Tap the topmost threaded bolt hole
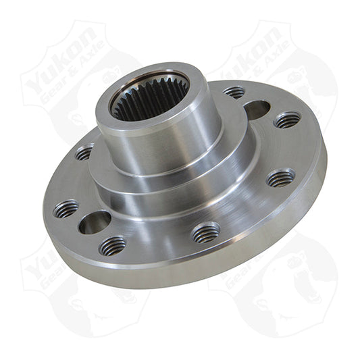(234, 92)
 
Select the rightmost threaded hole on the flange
(288, 120)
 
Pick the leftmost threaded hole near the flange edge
(66, 209)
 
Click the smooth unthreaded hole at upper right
(256, 109)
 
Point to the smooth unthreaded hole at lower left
(95, 222)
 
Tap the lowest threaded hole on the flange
(113, 245)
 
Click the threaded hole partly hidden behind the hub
(85, 153)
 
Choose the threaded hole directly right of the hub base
(280, 178)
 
